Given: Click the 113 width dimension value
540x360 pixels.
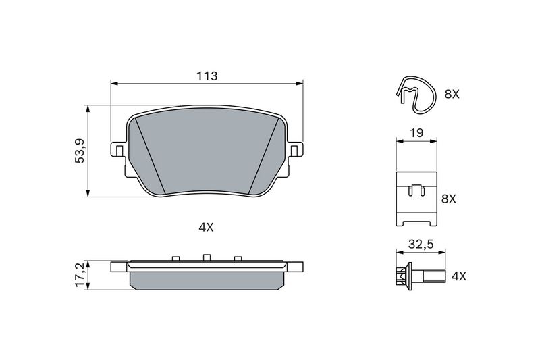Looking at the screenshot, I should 207,76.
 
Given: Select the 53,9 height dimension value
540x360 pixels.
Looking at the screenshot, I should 79,151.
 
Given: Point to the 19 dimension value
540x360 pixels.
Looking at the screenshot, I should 416,133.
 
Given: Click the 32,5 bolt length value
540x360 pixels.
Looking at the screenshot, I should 420,244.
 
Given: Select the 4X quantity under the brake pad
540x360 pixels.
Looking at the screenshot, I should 206,228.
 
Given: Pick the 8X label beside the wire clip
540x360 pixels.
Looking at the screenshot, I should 452,95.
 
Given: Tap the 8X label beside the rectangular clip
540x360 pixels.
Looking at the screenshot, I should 449,199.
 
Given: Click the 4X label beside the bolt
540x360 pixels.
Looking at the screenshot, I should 458,276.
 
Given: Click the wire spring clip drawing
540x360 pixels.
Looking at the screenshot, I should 413,94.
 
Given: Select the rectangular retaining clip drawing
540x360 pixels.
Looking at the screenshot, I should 416,198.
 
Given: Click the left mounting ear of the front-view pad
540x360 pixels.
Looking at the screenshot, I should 117,149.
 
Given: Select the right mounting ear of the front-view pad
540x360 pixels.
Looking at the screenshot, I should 295,149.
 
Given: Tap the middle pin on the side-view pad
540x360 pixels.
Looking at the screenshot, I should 206,257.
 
